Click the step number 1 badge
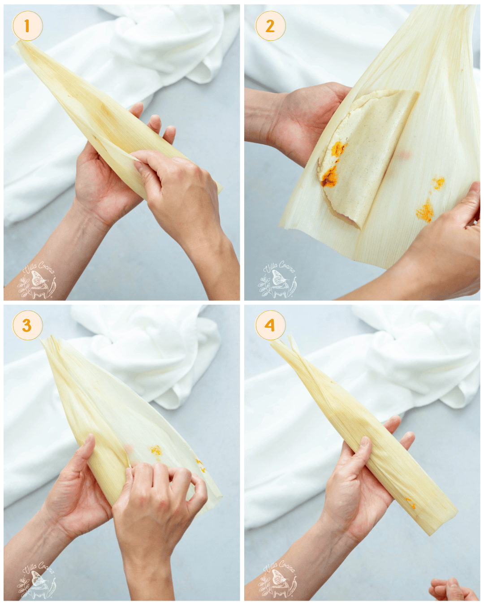pyautogui.click(x=27, y=26)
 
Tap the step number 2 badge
pyautogui.click(x=270, y=26)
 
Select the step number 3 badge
pyautogui.click(x=27, y=325)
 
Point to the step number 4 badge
pyautogui.click(x=270, y=325)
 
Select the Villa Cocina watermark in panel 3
pyautogui.click(x=38, y=581)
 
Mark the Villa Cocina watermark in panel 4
pyautogui.click(x=279, y=581)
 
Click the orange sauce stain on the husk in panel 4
pyautogui.click(x=410, y=503)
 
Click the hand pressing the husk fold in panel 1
pyautogui.click(x=179, y=188)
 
